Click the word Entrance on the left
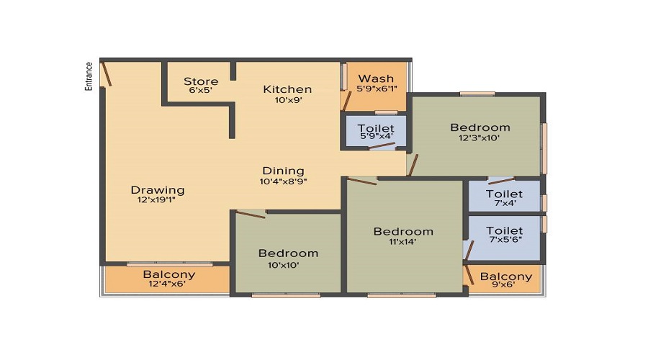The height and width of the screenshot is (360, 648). click(89, 76)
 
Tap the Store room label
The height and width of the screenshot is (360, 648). click(201, 81)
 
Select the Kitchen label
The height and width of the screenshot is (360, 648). click(287, 89)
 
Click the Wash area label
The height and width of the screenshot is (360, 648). click(376, 78)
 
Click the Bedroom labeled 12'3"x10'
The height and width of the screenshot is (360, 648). click(480, 127)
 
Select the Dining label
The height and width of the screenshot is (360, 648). click(283, 171)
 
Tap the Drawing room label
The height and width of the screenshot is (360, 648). click(157, 190)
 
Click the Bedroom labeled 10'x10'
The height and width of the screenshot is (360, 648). click(288, 253)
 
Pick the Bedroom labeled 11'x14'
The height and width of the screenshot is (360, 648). click(403, 231)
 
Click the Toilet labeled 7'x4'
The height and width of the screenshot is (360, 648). click(504, 194)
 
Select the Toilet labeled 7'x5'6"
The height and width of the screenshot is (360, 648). click(504, 231)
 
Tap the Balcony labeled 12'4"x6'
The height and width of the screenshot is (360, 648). click(168, 274)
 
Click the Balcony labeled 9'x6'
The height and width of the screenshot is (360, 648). click(506, 276)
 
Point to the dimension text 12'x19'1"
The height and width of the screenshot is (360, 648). click(157, 200)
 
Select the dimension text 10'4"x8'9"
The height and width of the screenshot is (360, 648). click(283, 181)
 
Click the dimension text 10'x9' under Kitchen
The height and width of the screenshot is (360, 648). click(287, 100)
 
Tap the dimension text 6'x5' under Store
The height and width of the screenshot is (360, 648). click(201, 91)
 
